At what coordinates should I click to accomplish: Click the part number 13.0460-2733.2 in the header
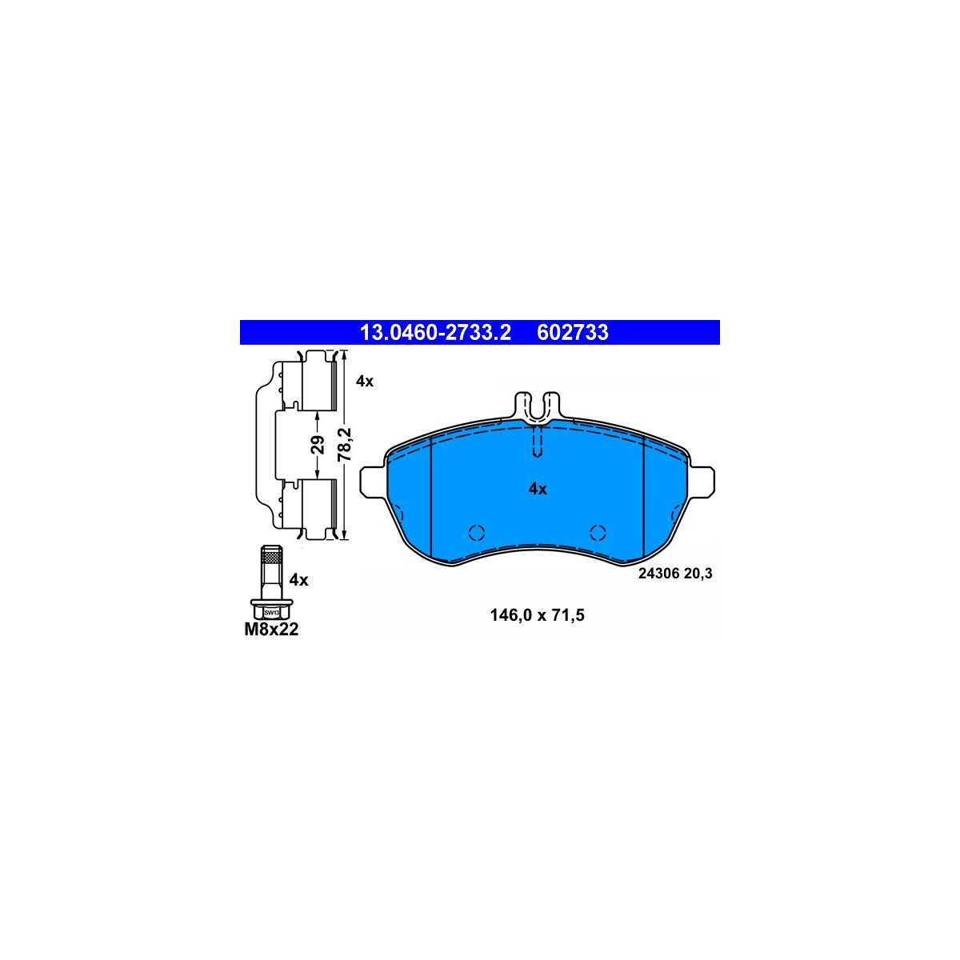[435, 332]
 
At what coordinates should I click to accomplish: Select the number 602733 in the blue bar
[573, 332]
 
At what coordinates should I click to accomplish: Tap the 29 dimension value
[318, 444]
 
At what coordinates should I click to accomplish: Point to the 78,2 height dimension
[345, 445]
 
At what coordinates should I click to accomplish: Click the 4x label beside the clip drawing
[364, 382]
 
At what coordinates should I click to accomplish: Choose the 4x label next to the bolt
[299, 580]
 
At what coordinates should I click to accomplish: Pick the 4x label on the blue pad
[538, 490]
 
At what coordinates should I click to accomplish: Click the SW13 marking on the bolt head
[271, 613]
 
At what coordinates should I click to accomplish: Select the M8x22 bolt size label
[271, 630]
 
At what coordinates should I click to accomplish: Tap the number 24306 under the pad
[659, 574]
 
